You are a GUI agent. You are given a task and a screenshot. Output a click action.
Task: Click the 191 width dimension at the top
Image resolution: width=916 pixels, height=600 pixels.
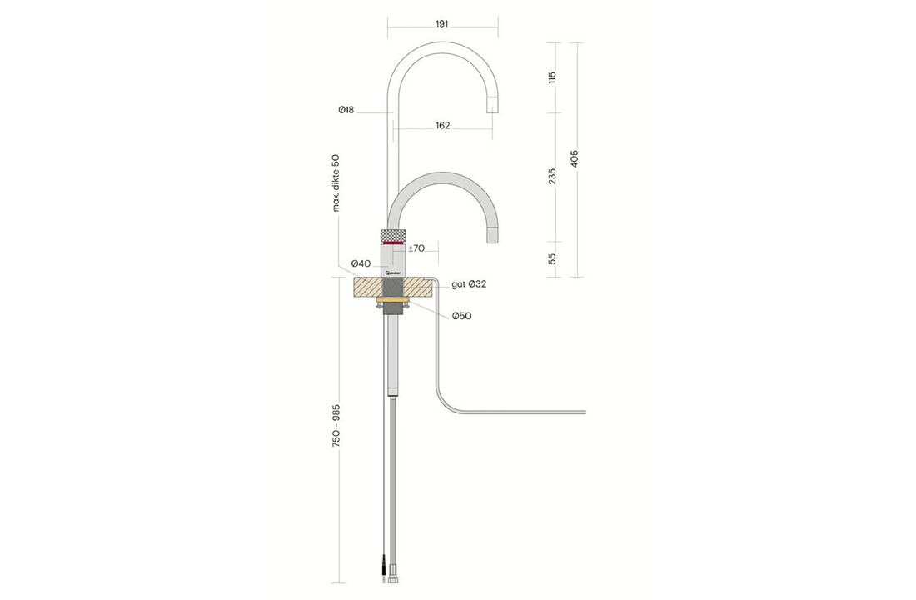442,25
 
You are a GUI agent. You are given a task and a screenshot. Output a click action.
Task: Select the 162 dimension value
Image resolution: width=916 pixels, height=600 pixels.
442,126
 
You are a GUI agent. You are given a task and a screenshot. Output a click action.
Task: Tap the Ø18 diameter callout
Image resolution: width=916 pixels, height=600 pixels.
346,110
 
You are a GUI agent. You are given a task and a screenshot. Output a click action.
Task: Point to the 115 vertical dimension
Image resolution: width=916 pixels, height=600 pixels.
552,77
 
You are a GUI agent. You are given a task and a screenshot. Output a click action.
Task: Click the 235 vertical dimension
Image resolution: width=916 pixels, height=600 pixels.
552,177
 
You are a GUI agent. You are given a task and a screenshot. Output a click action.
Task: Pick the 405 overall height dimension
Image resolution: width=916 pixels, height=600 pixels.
574,158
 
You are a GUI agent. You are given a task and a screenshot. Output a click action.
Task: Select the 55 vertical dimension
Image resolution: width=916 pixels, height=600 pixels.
552,259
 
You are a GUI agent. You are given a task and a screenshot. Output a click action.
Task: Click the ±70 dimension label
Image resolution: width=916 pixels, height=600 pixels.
417,247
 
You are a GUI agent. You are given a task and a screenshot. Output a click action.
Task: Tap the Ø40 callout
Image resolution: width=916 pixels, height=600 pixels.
361,264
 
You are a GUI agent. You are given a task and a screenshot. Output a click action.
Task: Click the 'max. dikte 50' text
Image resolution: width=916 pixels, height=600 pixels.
336,182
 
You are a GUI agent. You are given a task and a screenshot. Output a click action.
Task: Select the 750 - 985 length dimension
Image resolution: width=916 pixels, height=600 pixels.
336,429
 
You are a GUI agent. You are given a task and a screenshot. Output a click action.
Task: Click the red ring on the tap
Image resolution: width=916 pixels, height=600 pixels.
393,242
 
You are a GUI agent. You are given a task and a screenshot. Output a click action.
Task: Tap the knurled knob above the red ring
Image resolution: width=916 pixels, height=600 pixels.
393,233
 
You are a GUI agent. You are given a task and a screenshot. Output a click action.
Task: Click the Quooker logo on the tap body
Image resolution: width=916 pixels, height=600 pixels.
393,272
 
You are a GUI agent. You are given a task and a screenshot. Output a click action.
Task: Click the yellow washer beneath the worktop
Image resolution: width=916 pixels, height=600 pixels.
393,299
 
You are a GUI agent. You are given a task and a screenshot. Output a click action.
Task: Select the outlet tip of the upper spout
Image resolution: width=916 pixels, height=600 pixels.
492,105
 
